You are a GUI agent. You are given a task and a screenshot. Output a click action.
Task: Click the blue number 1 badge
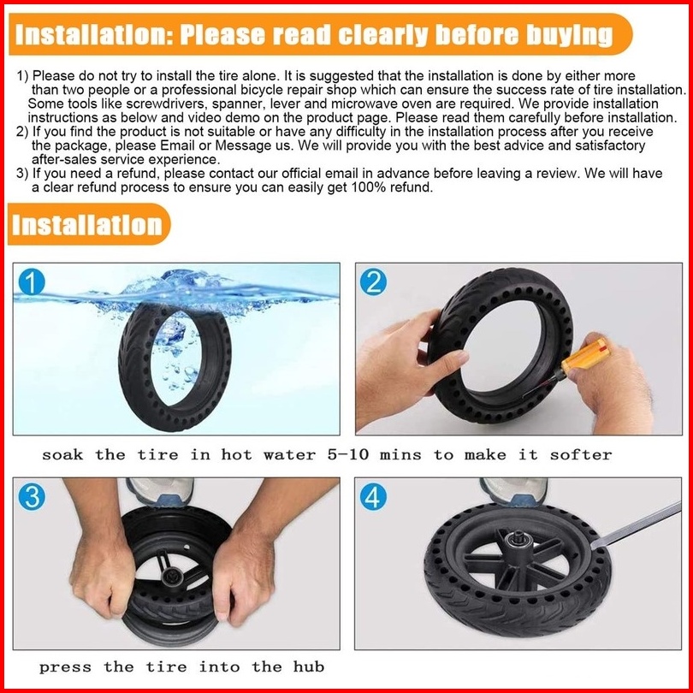point(32,282)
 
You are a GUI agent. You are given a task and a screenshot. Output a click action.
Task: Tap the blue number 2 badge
point(373,282)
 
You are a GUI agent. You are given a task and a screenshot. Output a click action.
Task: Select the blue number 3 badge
point(32,497)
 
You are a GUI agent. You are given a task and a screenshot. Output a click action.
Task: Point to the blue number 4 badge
point(373,497)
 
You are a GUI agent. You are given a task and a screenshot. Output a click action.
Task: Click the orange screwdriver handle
point(584,357)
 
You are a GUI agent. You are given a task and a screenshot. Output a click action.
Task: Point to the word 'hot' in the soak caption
point(236,454)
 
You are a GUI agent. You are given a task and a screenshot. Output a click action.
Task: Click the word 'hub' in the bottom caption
point(309,666)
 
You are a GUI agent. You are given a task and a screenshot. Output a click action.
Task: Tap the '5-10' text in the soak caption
point(348,454)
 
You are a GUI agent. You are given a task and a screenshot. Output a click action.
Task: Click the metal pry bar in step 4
point(636,525)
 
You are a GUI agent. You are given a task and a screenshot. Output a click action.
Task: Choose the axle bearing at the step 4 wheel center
point(516,540)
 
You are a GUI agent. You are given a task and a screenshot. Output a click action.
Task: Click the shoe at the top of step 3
point(160,491)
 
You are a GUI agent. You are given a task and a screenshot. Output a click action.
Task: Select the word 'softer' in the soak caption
point(581,454)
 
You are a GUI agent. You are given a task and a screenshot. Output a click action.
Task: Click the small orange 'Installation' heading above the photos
point(87,224)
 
